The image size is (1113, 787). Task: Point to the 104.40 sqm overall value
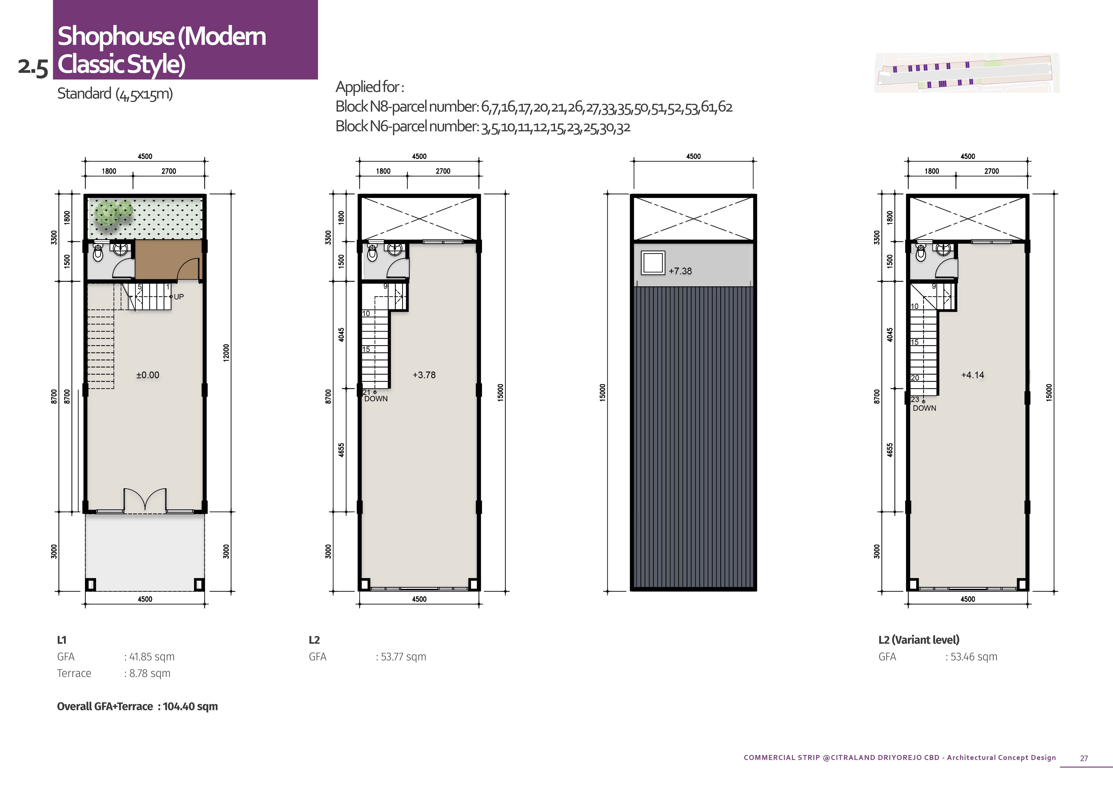point(190,707)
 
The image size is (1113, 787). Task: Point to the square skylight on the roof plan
point(653,263)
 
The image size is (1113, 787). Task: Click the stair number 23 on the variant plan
point(915,399)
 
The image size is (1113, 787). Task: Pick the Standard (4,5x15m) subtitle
point(115,93)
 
